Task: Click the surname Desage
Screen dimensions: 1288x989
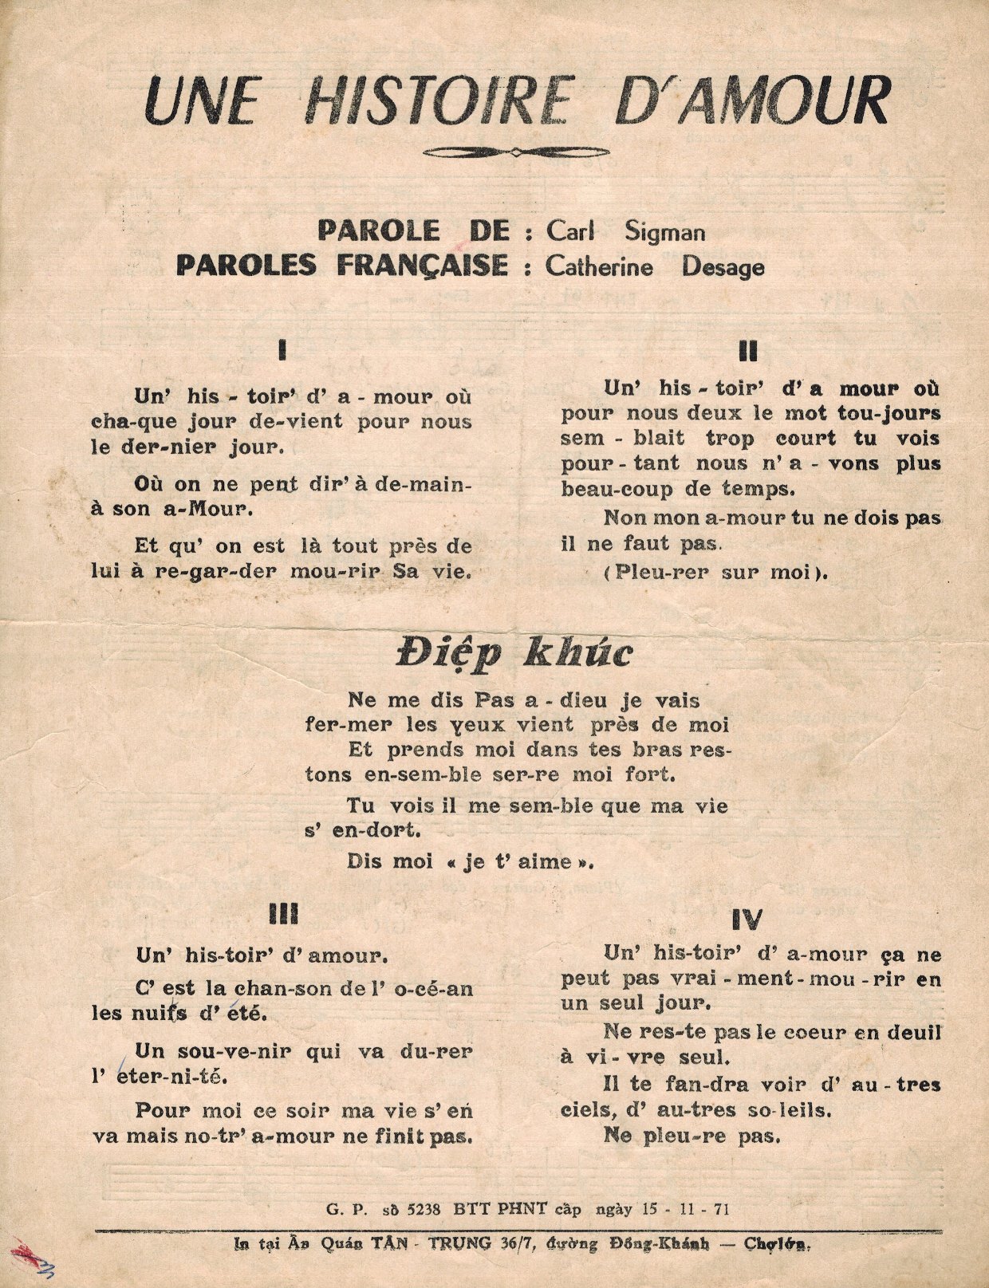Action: click(722, 266)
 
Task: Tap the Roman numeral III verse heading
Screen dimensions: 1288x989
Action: click(284, 916)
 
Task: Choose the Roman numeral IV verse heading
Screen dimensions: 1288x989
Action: click(747, 920)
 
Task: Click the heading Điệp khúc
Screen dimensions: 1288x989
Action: click(514, 654)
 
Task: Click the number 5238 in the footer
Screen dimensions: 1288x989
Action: click(422, 1208)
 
